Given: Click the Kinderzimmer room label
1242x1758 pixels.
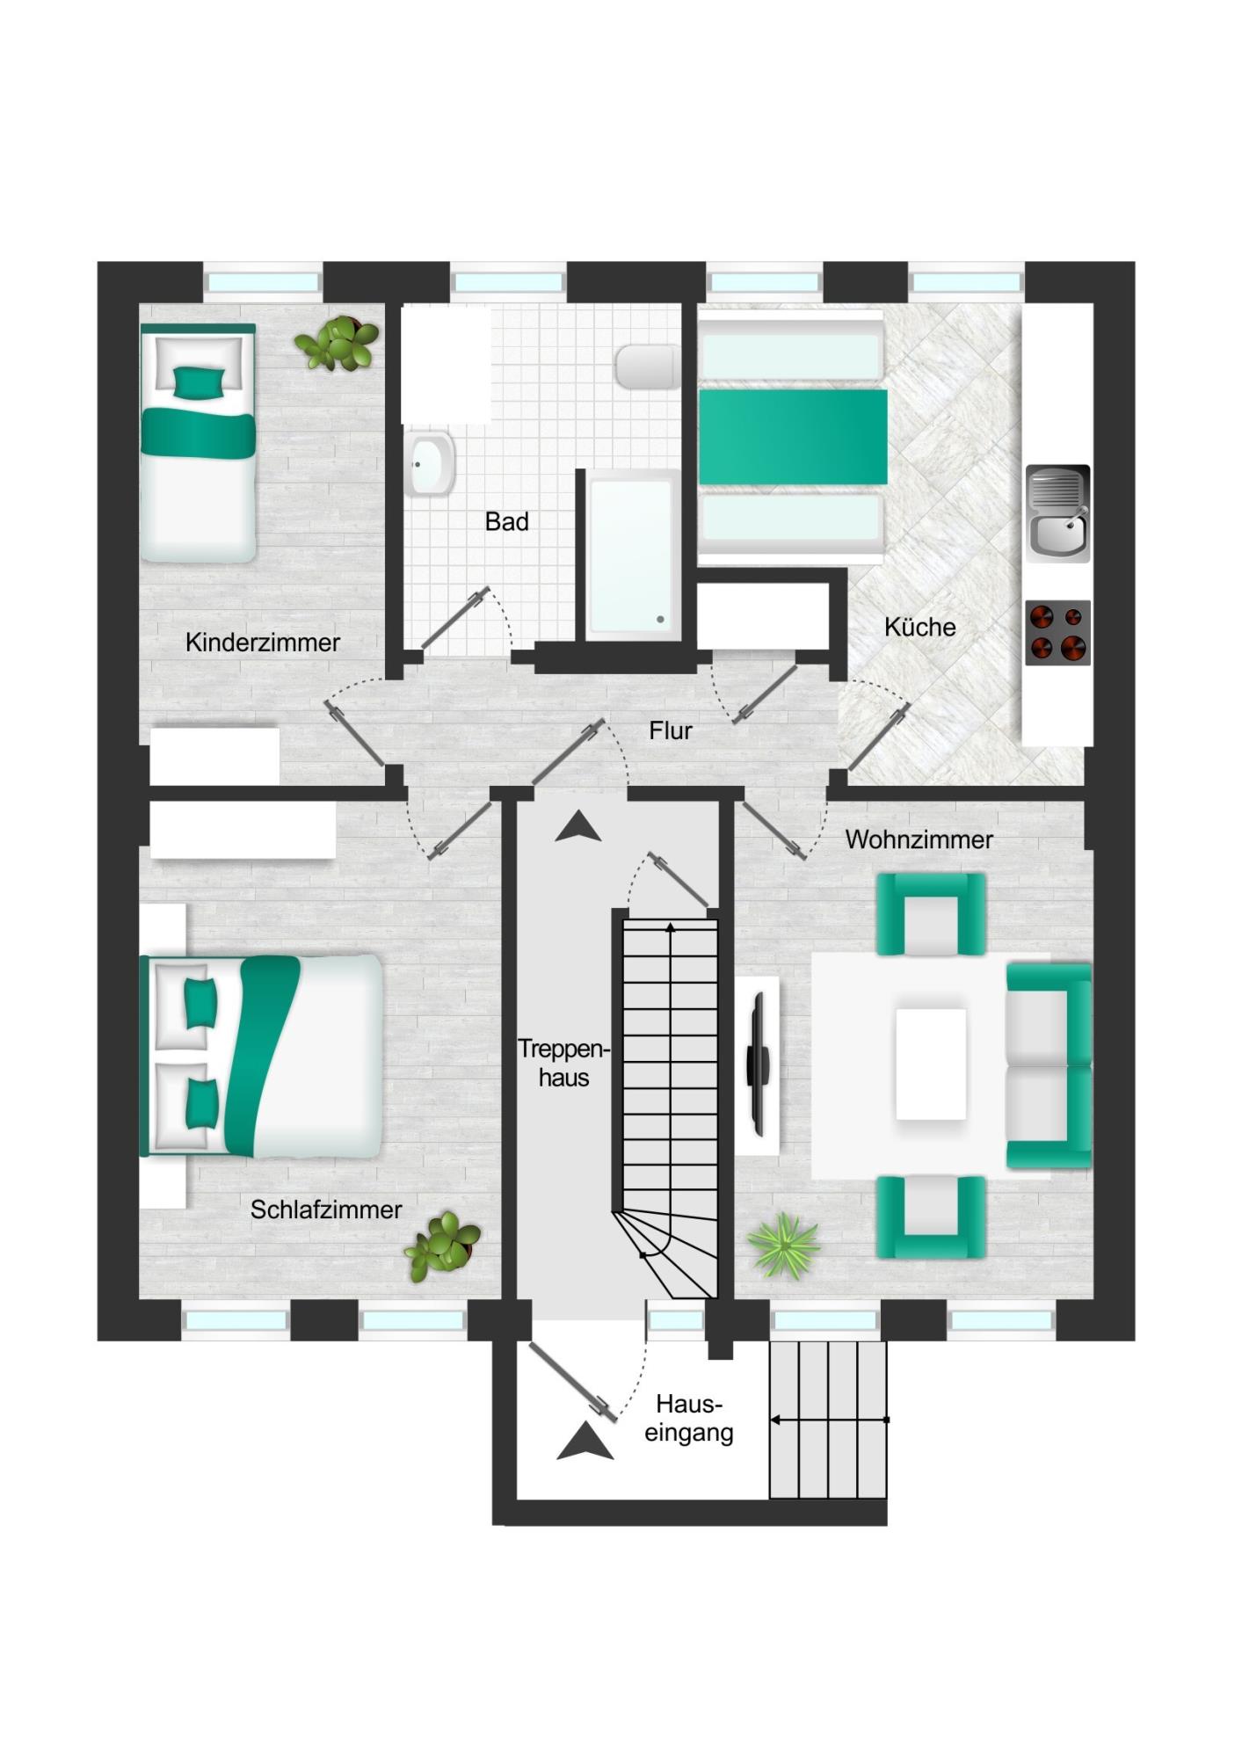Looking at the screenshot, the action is coord(262,643).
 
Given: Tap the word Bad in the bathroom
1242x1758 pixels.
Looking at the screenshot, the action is coord(507,521).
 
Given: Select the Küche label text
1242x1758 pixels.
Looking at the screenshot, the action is coord(919,627).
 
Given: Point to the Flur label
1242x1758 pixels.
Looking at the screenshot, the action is coord(671,730).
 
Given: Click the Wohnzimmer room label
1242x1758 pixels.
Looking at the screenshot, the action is coord(919,839).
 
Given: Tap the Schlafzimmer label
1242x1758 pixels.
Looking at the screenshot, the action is coord(326,1210).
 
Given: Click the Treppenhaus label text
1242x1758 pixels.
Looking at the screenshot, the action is coord(563,1063).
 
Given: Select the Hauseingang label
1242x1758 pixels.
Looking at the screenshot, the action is coord(689,1418).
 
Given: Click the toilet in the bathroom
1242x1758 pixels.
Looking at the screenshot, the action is coord(648,367).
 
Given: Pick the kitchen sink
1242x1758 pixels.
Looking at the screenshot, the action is coord(1058,513).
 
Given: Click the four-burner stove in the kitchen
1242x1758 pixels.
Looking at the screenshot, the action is coord(1058,633).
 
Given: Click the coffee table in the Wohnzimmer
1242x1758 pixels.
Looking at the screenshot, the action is coord(931,1064).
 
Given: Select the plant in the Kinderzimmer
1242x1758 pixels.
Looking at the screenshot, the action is coord(337,343).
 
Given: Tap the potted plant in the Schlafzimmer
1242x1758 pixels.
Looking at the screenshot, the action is coord(443,1246).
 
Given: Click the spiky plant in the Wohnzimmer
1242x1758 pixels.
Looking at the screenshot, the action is coord(783,1246).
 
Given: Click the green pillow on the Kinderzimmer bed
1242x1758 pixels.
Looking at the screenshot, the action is coord(198,382).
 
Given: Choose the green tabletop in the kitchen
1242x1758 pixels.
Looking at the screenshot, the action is coord(793,437).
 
